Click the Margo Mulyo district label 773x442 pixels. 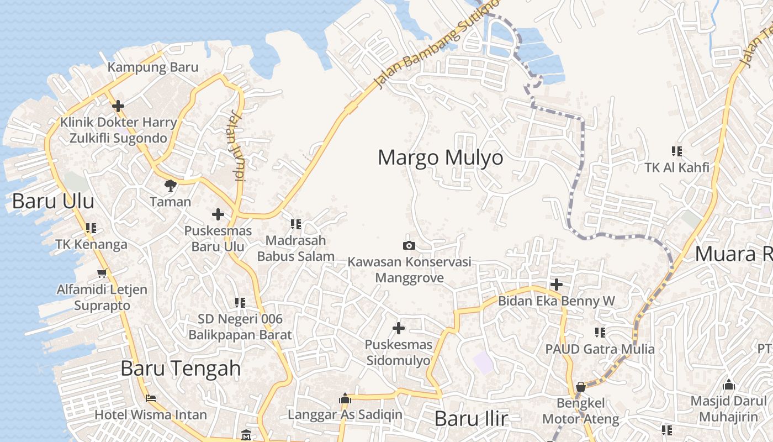[440, 158]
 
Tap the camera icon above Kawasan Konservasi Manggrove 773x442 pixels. [409, 245]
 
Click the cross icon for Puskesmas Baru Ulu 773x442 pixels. [218, 214]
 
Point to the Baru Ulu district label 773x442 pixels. [53, 201]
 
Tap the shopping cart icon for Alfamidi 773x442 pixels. [102, 272]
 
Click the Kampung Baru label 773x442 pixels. [152, 67]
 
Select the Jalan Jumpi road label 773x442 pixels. [236, 146]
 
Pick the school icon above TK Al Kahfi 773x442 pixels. [677, 151]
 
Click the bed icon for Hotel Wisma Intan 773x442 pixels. [151, 398]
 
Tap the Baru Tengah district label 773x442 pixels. [181, 369]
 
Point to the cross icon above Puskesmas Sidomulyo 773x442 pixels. [398, 328]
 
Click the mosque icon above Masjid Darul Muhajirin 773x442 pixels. [729, 384]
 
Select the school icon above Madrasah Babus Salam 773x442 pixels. [296, 224]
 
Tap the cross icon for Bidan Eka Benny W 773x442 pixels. [557, 285]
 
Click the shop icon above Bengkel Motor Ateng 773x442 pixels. [581, 386]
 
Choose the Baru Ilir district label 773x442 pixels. [471, 419]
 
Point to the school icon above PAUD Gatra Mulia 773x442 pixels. [600, 332]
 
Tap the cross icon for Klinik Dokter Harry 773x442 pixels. [118, 106]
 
